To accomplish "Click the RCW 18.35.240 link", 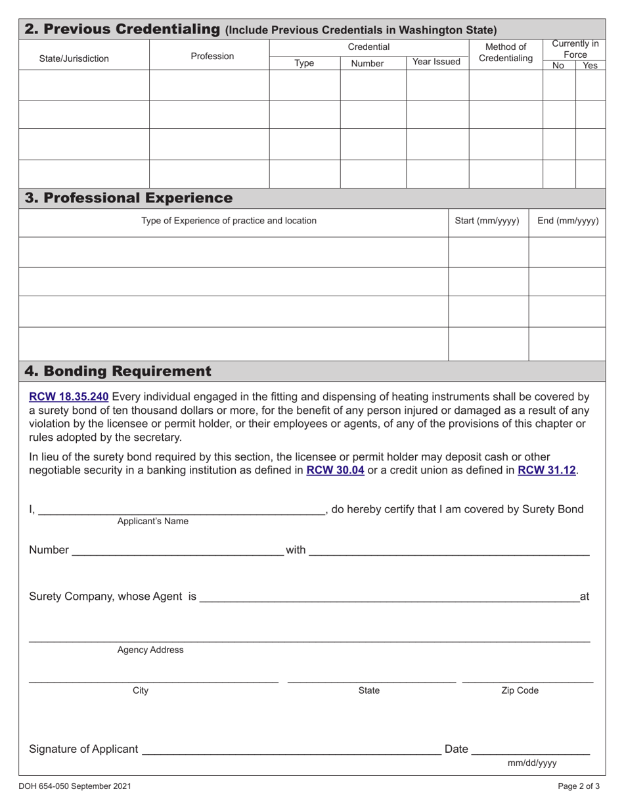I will pyautogui.click(x=68, y=397).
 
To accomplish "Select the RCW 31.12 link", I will pyautogui.click(x=546, y=470).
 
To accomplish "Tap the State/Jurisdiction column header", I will pyautogui.click(x=74, y=58).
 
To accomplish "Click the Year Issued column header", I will pyautogui.click(x=436, y=62).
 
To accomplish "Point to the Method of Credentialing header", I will pyautogui.click(x=505, y=53).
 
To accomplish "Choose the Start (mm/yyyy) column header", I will pyautogui.click(x=487, y=221).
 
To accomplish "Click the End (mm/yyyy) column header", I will pyautogui.click(x=568, y=221).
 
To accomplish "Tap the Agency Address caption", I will pyautogui.click(x=150, y=650).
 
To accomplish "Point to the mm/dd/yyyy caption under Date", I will pyautogui.click(x=532, y=763).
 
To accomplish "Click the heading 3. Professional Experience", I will pyautogui.click(x=128, y=198).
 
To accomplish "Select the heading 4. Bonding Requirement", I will pyautogui.click(x=118, y=371).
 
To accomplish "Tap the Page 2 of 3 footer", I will pyautogui.click(x=579, y=786).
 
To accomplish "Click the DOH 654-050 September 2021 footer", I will pyautogui.click(x=73, y=786).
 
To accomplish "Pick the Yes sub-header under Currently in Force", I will pyautogui.click(x=590, y=66).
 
